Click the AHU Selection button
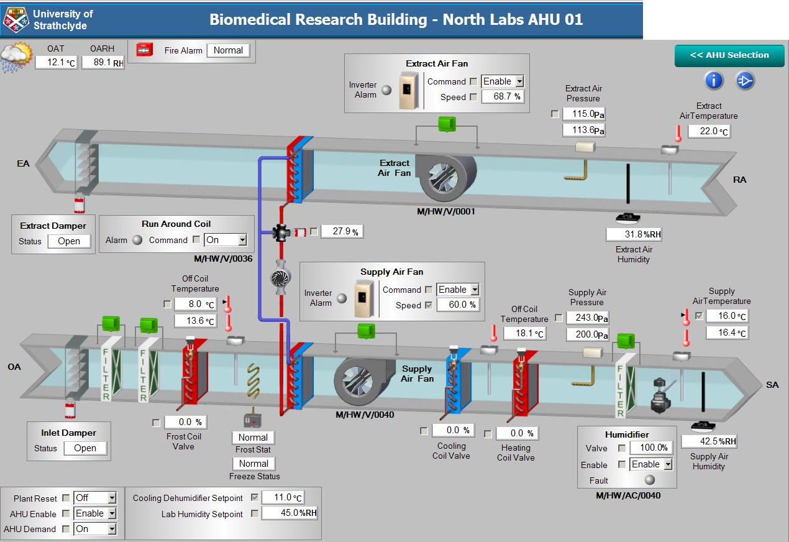coord(729,55)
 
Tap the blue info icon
coord(714,80)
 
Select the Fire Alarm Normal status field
coord(228,50)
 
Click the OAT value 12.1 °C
coord(57,62)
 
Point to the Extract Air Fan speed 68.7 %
coord(502,97)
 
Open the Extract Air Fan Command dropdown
coord(519,81)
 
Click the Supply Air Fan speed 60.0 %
coord(457,305)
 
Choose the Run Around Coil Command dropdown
coord(242,240)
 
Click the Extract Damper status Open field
coord(69,241)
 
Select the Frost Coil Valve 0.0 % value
coord(185,423)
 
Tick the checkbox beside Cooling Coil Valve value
coord(424,431)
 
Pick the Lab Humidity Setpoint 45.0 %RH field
coord(290,513)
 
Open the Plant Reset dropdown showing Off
coord(112,498)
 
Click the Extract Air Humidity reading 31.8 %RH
coord(634,234)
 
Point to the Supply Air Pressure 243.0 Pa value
coord(587,318)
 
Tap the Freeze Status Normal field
coord(253,464)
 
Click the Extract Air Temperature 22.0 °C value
coord(709,132)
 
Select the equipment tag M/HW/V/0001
coord(445,212)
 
